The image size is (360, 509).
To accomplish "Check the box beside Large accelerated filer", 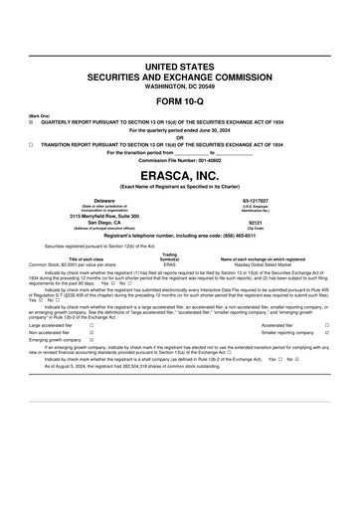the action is pos(91,324).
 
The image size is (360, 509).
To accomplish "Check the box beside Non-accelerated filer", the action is pos(91,333).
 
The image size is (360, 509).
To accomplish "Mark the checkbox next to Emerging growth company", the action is pos(91,342).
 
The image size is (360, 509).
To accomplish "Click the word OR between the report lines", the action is pos(180,137).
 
